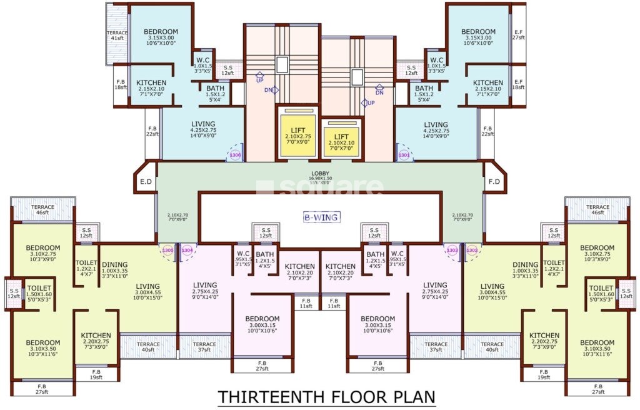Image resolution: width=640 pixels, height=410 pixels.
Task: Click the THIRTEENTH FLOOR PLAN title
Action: (326, 397)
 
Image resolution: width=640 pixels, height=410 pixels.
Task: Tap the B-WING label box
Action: (321, 217)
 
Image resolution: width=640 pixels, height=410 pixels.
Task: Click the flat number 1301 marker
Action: (404, 154)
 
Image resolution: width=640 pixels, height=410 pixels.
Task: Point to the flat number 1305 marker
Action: (167, 250)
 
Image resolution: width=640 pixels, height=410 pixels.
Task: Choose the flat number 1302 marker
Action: (472, 250)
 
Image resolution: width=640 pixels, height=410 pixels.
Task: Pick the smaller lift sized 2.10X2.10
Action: (341, 140)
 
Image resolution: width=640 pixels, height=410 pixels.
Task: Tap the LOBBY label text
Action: (320, 174)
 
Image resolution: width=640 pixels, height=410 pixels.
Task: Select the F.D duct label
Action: (494, 182)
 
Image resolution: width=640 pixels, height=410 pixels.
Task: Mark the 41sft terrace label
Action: (117, 36)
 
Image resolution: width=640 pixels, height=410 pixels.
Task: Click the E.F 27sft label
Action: (518, 35)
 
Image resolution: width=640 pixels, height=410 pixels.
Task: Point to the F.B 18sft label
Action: (121, 85)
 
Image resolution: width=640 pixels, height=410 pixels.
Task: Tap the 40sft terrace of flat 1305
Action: (148, 347)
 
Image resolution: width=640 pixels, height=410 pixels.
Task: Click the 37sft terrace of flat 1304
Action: (204, 347)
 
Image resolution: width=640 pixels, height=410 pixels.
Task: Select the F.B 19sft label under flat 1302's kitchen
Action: (544, 374)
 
